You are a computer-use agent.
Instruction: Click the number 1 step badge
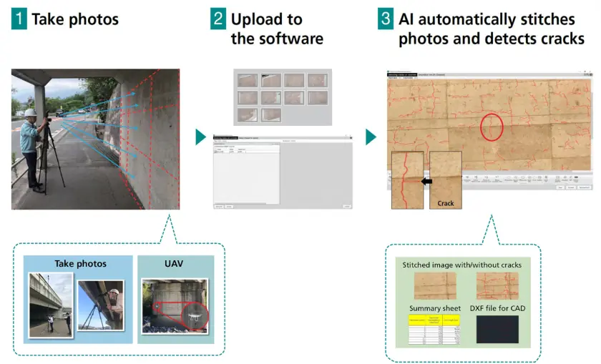pos(19,19)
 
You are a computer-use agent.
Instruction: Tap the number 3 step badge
pos(386,19)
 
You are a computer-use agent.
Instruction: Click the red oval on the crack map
pos(491,127)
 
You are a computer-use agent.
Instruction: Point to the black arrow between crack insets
pos(428,182)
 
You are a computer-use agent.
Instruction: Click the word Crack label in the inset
pos(446,203)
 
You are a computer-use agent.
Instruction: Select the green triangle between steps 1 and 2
pos(201,137)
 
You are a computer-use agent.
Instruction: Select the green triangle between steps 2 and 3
pos(371,137)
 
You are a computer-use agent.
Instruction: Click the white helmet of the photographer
pos(31,113)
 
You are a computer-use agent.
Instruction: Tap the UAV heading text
pos(174,264)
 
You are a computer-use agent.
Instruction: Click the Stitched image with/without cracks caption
pos(461,265)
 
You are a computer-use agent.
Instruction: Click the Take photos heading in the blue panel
pos(80,264)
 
